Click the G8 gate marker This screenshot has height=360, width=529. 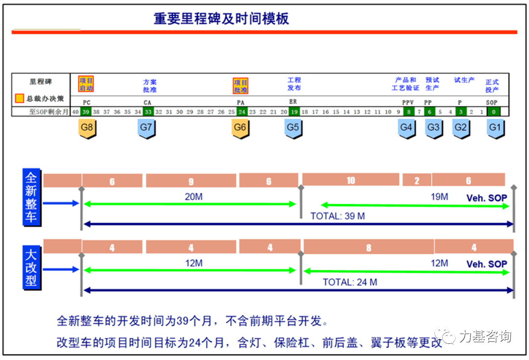pyautogui.click(x=86, y=128)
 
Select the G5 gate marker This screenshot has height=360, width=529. pyautogui.click(x=293, y=128)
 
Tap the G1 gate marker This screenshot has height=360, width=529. pyautogui.click(x=495, y=128)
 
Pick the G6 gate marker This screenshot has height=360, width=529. pyautogui.click(x=240, y=128)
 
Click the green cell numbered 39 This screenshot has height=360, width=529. pyautogui.click(x=86, y=112)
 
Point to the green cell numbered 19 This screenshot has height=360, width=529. pyautogui.click(x=294, y=112)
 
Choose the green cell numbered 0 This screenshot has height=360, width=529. pyautogui.click(x=493, y=112)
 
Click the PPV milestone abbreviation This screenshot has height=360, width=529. pyautogui.click(x=408, y=102)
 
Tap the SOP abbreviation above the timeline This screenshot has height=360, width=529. pyautogui.click(x=492, y=102)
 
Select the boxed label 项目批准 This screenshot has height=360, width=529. pyautogui.click(x=240, y=86)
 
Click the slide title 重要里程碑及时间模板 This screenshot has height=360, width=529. pyautogui.click(x=221, y=19)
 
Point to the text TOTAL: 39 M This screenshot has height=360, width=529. pyautogui.click(x=337, y=216)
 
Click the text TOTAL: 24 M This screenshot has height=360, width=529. pyautogui.click(x=350, y=282)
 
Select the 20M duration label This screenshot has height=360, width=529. pyautogui.click(x=193, y=196)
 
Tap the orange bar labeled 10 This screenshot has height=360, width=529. pyautogui.click(x=350, y=180)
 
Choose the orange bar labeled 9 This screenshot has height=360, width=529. pyautogui.click(x=191, y=181)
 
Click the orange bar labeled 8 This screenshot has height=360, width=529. pyautogui.click(x=368, y=247)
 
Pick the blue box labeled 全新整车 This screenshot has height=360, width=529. pyautogui.click(x=31, y=197)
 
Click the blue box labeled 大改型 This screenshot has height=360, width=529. pyautogui.click(x=31, y=268)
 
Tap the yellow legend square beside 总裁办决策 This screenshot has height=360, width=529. pyautogui.click(x=20, y=98)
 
